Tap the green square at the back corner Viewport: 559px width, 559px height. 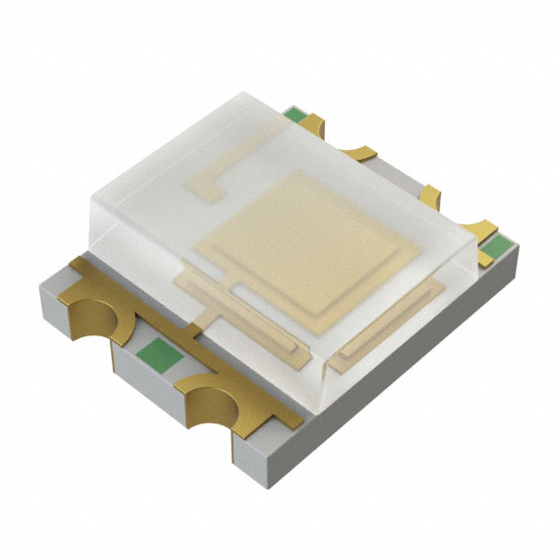coord(297,114)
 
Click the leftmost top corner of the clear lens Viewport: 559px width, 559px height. coord(92,197)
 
